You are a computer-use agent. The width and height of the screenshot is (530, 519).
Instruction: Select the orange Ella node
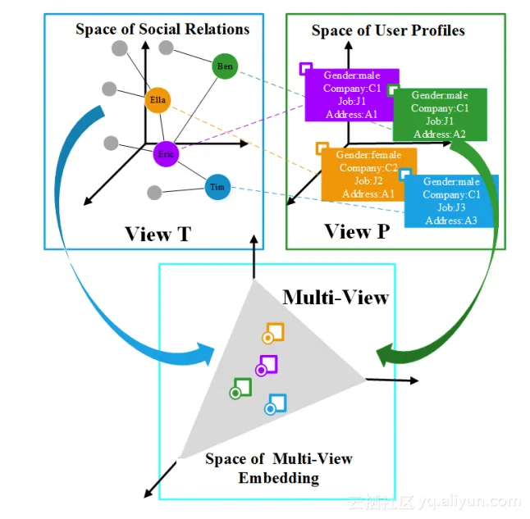(x=158, y=101)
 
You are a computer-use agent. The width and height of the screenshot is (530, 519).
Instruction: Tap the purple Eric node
(x=167, y=153)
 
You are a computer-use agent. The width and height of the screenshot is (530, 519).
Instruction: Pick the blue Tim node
(x=217, y=188)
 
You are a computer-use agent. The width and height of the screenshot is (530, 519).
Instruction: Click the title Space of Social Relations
(x=162, y=30)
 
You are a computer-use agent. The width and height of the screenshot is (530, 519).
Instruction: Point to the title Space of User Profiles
(x=388, y=30)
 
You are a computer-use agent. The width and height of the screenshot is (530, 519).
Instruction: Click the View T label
(x=158, y=234)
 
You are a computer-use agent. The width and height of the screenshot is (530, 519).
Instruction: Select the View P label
(x=357, y=231)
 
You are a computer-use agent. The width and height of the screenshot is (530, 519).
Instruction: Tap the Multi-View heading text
(x=335, y=297)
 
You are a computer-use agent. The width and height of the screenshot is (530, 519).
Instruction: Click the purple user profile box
(x=350, y=94)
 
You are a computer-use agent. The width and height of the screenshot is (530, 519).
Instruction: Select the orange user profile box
(x=368, y=174)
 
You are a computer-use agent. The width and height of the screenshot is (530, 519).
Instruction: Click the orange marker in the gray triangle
(x=272, y=334)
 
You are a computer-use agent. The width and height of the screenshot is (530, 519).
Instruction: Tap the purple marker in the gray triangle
(x=266, y=366)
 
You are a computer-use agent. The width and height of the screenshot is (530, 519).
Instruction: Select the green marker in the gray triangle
(x=240, y=389)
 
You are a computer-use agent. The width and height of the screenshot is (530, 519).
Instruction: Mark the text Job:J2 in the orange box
(x=368, y=180)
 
